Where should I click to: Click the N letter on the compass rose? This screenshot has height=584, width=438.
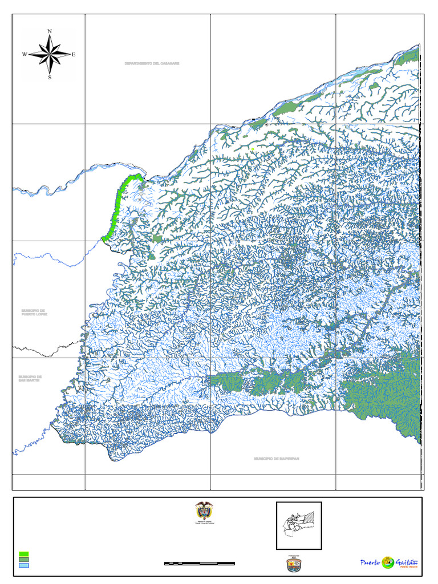(x=50, y=31)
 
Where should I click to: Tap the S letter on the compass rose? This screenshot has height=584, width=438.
(x=50, y=78)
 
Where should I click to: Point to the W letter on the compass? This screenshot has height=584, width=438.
(x=25, y=55)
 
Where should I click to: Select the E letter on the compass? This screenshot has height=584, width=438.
(x=74, y=55)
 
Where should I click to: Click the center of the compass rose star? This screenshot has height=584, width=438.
(x=50, y=55)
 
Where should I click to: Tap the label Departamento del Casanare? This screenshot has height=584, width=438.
(x=152, y=63)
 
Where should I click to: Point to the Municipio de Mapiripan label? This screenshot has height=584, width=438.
(x=277, y=459)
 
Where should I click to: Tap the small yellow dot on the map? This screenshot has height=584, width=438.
(x=252, y=149)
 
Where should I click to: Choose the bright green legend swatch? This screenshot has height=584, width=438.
(x=24, y=554)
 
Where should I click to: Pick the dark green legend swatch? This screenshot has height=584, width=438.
(x=24, y=560)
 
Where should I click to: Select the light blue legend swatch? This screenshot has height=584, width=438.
(x=24, y=566)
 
